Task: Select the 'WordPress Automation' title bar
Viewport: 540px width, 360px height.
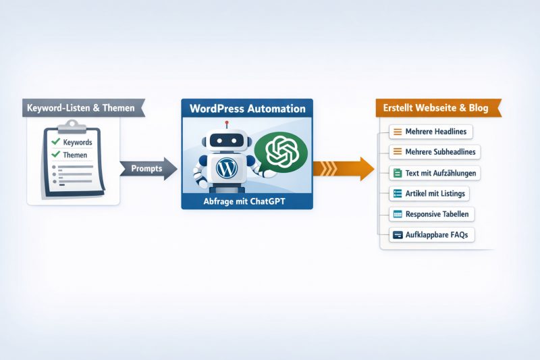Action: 246,108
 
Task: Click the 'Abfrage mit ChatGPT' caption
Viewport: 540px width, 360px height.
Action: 246,201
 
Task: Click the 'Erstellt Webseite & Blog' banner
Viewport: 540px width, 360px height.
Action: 437,108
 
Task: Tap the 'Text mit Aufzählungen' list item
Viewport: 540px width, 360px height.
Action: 435,173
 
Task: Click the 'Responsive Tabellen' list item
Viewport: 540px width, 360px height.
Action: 432,214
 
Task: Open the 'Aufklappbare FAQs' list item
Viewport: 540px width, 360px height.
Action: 431,235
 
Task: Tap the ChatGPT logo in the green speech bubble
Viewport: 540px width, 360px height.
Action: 279,151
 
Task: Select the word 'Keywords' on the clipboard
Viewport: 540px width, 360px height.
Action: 77,143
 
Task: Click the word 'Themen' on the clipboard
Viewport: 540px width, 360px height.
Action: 74,155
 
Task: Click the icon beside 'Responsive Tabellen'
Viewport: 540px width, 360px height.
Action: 398,214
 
